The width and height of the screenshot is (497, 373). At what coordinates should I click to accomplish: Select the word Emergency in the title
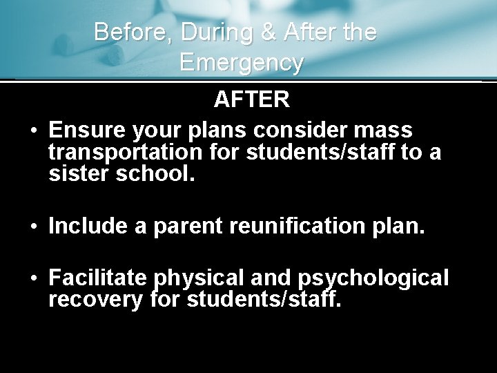click(241, 63)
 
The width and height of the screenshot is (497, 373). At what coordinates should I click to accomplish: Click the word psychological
click(373, 278)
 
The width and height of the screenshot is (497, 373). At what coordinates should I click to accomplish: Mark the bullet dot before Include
click(32, 226)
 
